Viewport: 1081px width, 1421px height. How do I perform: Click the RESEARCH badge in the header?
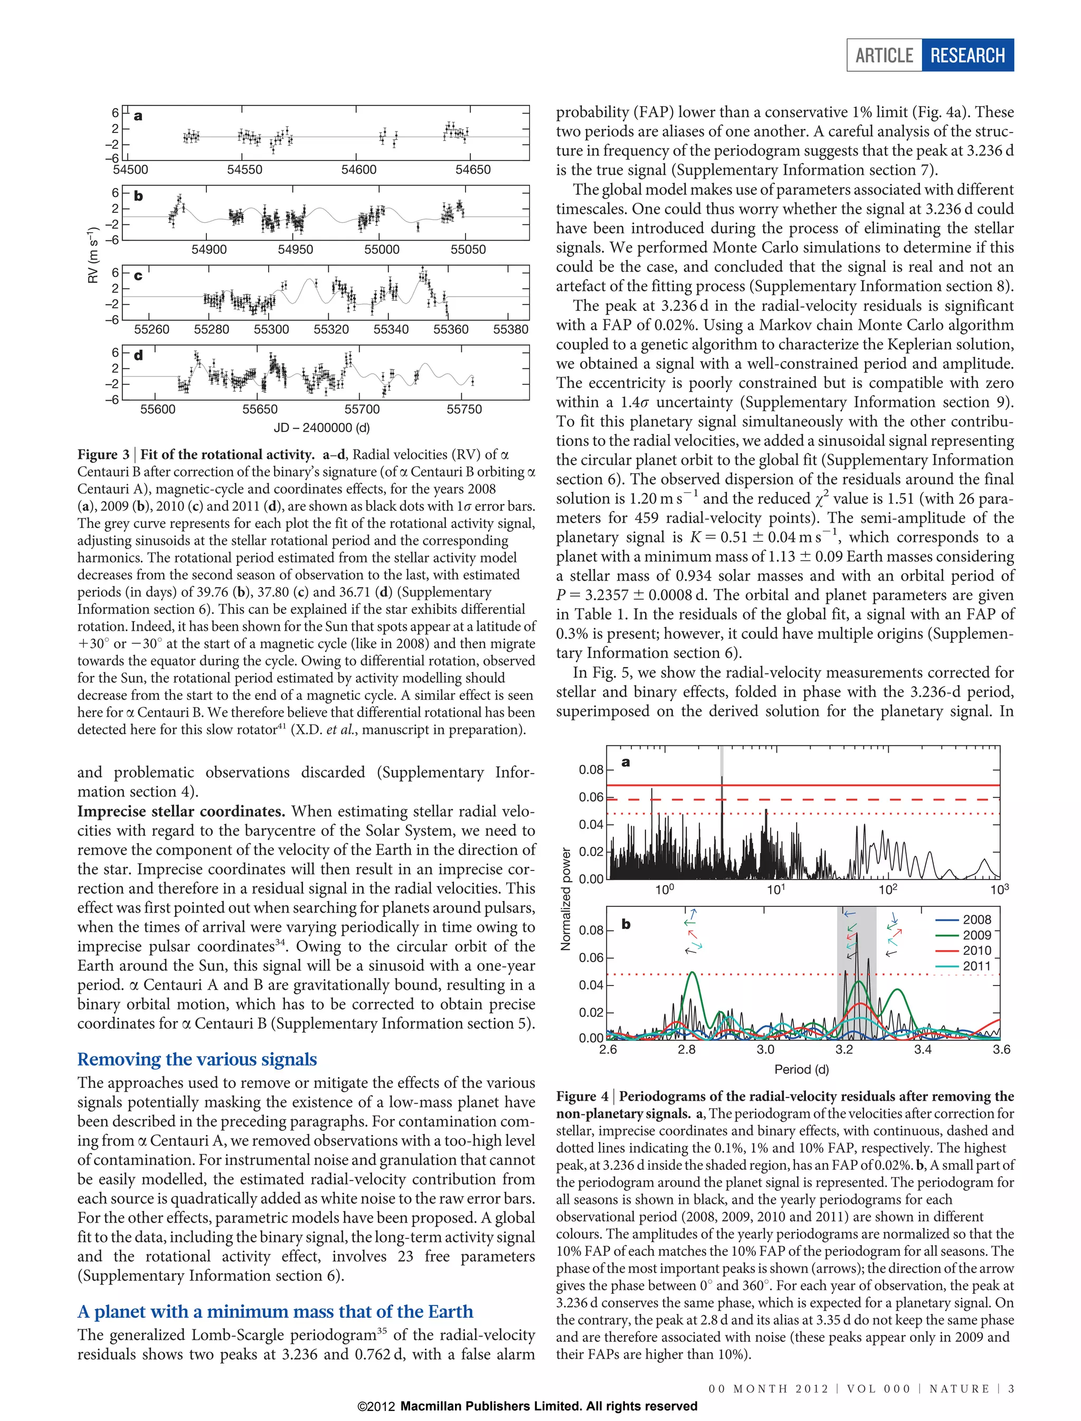967,55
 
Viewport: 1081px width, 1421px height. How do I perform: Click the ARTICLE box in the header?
884,55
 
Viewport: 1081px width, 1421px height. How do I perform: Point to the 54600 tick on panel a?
358,170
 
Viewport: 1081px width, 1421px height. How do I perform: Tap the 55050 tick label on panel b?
468,250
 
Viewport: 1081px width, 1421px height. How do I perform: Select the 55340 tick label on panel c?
391,329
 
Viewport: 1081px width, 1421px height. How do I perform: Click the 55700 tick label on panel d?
362,409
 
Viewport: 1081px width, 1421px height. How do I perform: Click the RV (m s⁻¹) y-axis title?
94,255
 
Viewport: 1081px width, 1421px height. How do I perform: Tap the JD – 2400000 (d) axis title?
322,428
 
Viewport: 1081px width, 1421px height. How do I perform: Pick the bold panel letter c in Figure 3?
138,276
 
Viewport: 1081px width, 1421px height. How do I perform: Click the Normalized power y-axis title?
566,899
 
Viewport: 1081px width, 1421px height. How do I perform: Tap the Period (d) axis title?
802,1069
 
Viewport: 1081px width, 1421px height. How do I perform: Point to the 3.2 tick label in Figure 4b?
843,1050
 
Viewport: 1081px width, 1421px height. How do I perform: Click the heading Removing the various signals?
197,1059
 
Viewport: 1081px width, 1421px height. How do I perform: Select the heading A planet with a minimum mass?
275,1312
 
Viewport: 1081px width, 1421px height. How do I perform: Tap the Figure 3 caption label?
103,455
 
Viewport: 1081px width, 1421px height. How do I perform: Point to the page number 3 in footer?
1011,1389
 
